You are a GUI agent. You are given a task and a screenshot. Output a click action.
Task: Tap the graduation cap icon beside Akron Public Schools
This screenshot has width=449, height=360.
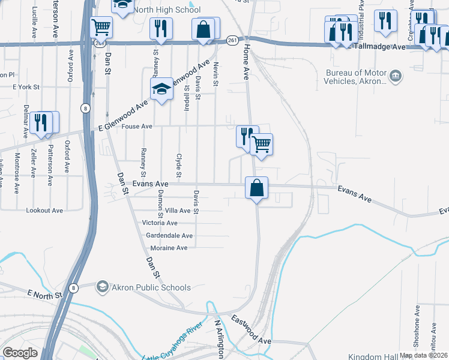(x=103, y=287)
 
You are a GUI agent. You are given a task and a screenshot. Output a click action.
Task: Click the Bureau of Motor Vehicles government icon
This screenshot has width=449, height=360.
(x=396, y=76)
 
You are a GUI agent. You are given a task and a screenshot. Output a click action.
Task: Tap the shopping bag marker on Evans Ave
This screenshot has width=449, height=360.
(x=256, y=188)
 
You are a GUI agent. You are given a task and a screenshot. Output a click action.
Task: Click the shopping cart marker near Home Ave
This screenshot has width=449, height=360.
(x=261, y=144)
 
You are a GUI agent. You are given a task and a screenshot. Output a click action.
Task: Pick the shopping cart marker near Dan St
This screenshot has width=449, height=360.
(x=101, y=27)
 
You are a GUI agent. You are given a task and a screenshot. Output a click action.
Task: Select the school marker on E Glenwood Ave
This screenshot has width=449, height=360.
(x=161, y=90)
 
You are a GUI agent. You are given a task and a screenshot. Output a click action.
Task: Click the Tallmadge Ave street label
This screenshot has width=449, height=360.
(x=380, y=46)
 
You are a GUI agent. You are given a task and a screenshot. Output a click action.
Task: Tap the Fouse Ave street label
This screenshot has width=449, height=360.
(x=137, y=127)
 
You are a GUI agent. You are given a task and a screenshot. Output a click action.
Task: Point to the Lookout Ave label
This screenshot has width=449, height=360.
(x=44, y=211)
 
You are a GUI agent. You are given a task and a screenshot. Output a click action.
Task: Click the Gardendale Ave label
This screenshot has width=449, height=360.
(x=169, y=236)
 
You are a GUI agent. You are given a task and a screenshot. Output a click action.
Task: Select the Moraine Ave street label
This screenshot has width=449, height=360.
(x=165, y=248)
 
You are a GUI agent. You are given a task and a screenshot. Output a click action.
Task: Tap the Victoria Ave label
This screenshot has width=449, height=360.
(x=159, y=223)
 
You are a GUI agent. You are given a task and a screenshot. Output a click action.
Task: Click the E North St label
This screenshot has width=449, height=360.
(x=45, y=295)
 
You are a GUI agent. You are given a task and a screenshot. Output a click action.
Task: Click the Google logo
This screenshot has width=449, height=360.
(x=20, y=353)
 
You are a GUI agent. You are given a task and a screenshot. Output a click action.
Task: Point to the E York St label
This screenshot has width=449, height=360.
(x=26, y=87)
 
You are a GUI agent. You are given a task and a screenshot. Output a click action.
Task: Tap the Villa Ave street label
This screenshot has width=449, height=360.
(x=177, y=211)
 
